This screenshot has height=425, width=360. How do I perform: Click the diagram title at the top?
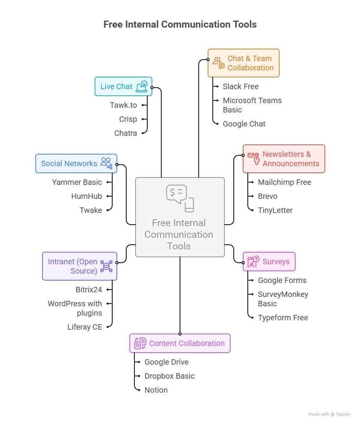180,25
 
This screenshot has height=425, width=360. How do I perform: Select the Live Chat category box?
123,86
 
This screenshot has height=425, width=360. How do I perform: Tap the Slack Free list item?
240,86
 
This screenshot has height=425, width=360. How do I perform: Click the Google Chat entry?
244,124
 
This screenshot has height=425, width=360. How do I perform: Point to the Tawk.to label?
123,105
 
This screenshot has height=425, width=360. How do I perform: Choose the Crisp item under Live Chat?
128,119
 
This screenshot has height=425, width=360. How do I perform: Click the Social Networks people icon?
106,163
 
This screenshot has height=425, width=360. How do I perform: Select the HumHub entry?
86,196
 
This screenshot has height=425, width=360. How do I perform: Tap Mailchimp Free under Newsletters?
284,182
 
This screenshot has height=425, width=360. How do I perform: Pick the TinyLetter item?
275,210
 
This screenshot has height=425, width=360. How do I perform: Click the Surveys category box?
269,262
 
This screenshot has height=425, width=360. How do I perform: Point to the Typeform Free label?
283,318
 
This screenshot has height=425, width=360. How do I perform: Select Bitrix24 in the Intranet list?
89,290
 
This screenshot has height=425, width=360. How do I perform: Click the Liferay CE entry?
85,327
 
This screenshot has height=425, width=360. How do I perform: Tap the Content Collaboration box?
180,343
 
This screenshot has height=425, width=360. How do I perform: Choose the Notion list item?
156,390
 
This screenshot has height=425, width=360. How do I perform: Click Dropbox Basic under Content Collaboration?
169,376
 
